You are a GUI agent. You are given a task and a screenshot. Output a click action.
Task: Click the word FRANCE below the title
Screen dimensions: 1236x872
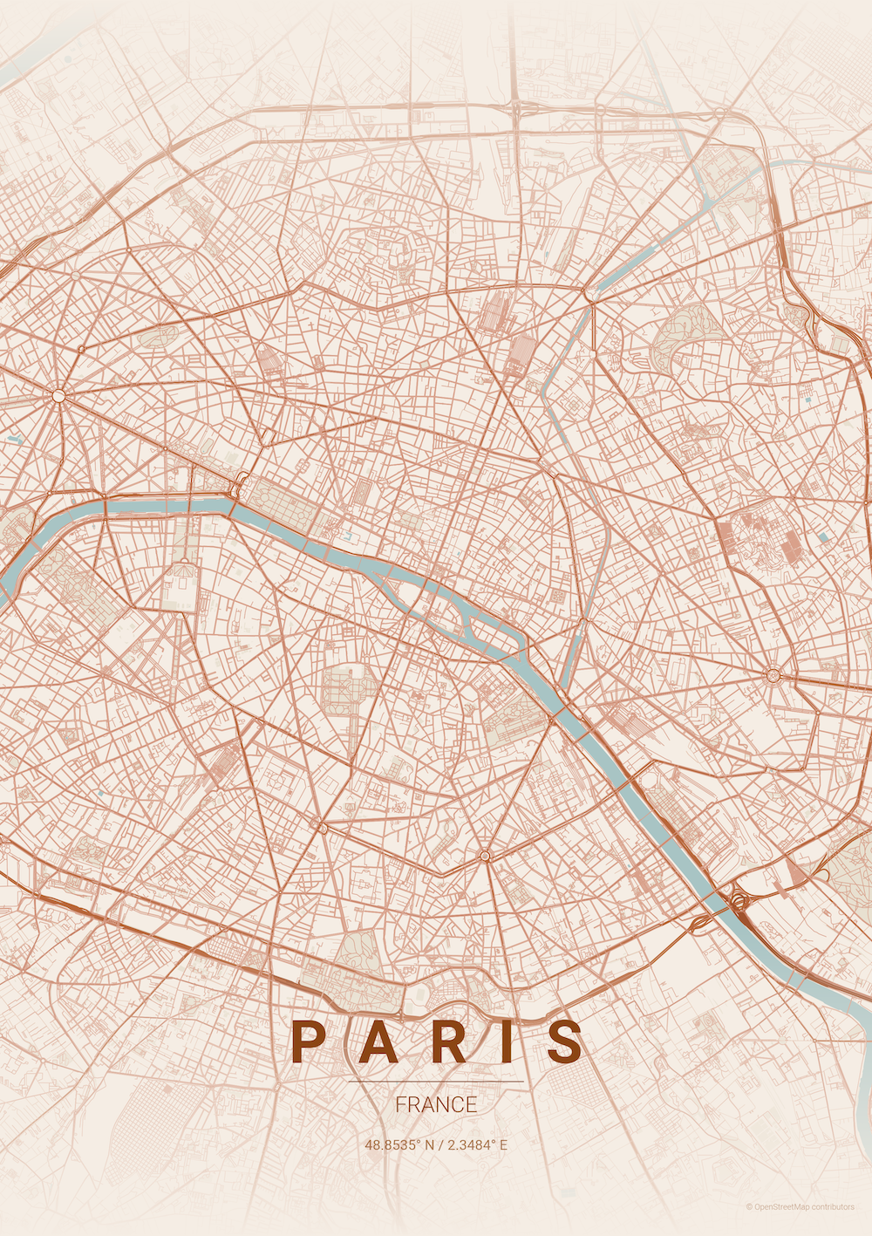click(436, 1104)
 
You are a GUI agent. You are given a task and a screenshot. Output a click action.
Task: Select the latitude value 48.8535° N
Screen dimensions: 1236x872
click(398, 1144)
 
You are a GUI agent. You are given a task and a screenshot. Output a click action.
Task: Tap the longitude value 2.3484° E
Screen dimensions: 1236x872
click(477, 1144)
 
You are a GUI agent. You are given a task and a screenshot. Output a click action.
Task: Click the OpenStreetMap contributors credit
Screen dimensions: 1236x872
click(800, 1207)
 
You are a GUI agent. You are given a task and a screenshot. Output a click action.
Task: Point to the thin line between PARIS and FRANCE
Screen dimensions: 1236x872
click(436, 1082)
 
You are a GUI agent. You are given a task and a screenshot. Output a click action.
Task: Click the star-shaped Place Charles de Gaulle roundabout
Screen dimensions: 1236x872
click(58, 395)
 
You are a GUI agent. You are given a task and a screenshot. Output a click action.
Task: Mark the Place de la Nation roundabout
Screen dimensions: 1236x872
click(773, 674)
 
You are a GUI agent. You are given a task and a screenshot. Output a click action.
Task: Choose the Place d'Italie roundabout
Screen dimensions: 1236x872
click(485, 856)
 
